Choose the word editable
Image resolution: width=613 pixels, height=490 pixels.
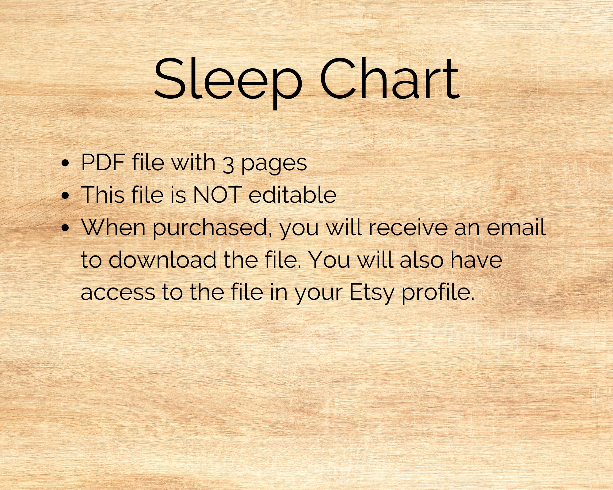(292, 195)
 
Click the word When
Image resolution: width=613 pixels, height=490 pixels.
(113, 227)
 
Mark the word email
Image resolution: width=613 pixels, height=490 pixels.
(516, 227)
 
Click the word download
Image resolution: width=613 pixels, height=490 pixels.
(162, 260)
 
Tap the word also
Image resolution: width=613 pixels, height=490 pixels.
(422, 260)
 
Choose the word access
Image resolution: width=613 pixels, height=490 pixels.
(118, 292)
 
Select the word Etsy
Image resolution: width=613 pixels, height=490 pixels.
(371, 293)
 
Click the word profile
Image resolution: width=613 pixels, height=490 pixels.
(438, 293)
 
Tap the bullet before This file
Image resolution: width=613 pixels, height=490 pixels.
(65, 196)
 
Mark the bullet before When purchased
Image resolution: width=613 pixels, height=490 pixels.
(65, 228)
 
